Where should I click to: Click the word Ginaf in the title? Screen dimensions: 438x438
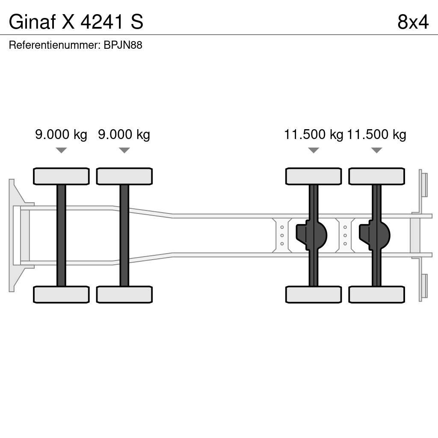(33, 22)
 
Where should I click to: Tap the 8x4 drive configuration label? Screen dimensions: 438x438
(412, 22)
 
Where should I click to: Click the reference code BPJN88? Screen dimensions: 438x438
(123, 45)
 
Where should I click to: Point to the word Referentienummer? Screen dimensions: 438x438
(54, 45)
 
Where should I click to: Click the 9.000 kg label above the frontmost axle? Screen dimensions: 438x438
(61, 135)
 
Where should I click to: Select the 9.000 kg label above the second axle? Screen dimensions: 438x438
(124, 135)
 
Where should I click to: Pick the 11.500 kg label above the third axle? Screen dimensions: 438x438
(314, 135)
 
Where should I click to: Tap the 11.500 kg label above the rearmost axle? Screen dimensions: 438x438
(376, 135)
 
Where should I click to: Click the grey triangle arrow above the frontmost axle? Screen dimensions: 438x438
(61, 150)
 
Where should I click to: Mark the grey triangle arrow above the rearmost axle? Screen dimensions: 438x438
(376, 150)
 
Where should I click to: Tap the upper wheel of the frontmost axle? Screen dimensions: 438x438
(61, 176)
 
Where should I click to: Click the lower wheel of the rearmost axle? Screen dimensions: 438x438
(376, 294)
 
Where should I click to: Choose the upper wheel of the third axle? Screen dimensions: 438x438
(314, 176)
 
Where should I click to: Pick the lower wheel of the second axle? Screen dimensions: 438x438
(124, 294)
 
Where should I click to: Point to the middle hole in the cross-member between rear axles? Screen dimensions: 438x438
(345, 235)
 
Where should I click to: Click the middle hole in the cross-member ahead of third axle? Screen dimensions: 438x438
(282, 235)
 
